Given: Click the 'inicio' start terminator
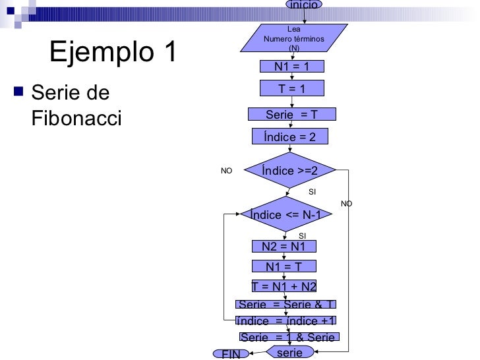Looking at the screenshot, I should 303,5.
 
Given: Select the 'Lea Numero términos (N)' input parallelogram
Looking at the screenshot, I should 293,38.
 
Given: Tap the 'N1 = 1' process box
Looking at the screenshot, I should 291,66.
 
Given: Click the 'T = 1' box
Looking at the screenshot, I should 291,88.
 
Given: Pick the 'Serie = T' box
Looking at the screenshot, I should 291,115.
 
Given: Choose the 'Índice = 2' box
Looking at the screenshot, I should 290,136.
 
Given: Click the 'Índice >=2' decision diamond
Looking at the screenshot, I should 289,171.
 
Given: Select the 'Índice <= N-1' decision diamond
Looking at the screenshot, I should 285,214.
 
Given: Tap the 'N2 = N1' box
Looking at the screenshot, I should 284,247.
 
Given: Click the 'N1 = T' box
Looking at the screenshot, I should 284,266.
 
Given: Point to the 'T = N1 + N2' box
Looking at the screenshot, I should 284,286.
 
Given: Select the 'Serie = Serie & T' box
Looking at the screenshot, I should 286,304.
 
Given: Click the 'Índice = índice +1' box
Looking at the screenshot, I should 286,320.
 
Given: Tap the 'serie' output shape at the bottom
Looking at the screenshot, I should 289,353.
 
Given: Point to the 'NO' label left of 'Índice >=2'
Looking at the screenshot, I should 226,170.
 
